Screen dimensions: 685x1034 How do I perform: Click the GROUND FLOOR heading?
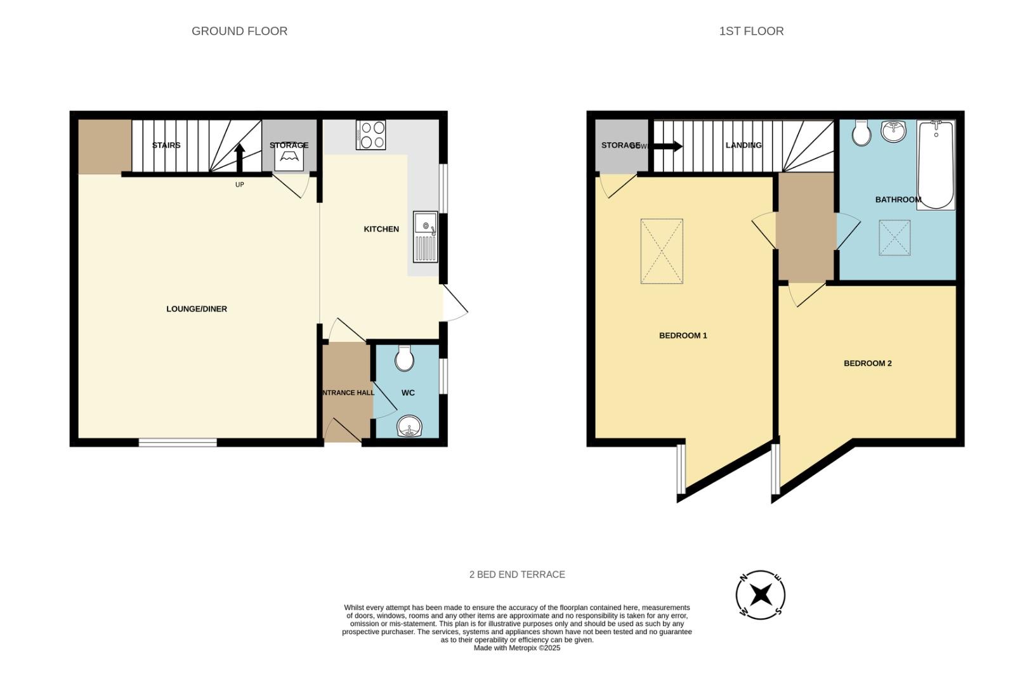239,31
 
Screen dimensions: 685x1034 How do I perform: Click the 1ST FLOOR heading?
751,31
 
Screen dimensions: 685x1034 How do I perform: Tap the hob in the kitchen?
371,135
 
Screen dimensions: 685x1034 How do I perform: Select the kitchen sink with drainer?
426,237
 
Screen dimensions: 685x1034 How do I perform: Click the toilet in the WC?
404,358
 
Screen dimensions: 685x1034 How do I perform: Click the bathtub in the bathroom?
936,165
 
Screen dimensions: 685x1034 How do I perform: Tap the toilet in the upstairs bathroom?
861,133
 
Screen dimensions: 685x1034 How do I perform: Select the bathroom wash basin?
894,131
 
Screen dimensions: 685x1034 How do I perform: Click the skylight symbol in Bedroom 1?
662,251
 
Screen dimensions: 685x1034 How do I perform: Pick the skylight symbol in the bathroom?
894,238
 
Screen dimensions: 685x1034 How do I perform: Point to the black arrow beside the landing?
667,147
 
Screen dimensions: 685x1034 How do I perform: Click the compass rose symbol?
761,595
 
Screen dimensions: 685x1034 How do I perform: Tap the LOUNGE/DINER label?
197,309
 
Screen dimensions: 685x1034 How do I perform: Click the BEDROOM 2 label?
867,363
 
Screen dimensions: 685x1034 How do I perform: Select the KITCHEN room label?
381,229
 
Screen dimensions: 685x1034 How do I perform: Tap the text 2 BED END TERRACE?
517,575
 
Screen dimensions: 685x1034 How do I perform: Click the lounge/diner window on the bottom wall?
178,442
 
